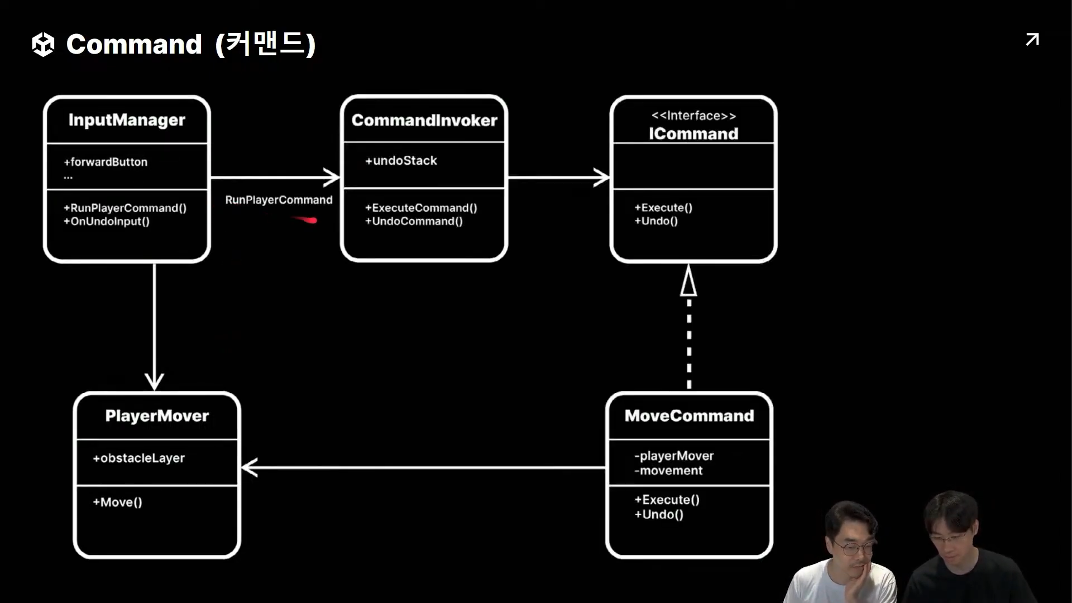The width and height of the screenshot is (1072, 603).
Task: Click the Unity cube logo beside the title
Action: point(43,45)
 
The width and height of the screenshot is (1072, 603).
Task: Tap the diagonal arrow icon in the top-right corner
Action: point(1032,40)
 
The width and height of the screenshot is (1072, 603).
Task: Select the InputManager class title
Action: point(127,120)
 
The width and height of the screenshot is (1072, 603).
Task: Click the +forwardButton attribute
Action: point(106,162)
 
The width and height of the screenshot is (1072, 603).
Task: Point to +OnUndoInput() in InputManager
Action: point(107,222)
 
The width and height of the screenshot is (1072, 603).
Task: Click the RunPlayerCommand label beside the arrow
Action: point(279,200)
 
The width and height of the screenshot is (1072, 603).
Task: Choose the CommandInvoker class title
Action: point(424,120)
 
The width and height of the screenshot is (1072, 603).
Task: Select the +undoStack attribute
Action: point(401,161)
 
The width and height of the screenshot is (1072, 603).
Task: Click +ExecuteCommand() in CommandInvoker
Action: point(421,208)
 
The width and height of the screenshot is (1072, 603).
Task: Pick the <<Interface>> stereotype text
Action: point(693,116)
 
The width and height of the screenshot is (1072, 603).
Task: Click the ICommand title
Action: point(693,133)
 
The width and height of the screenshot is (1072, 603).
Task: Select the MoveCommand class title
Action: point(689,416)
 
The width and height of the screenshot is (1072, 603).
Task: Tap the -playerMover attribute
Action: point(674,456)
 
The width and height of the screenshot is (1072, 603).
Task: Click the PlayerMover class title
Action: point(157,416)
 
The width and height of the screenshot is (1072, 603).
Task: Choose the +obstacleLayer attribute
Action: point(138,458)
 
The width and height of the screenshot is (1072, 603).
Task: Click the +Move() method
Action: point(117,502)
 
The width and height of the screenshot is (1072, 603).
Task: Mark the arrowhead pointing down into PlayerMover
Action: point(154,382)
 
